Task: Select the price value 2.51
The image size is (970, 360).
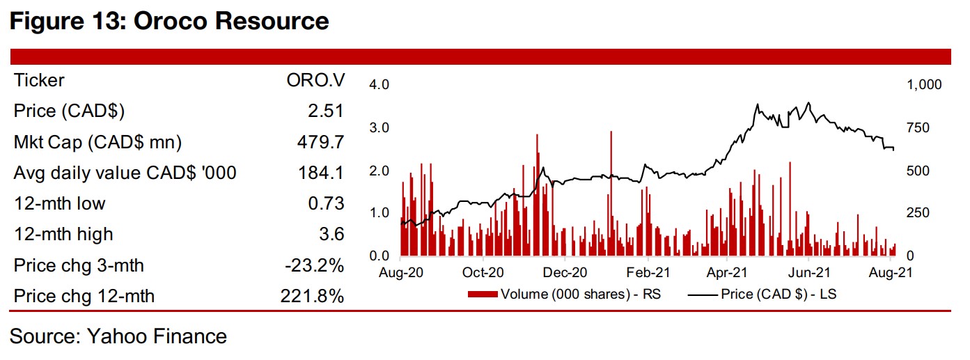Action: [x=325, y=111]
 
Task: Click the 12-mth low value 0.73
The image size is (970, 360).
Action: [x=325, y=203]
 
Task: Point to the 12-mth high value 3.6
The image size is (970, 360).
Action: [x=331, y=235]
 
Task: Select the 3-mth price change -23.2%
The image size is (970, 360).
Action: [x=313, y=265]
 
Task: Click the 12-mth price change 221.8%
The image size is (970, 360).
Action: [x=308, y=297]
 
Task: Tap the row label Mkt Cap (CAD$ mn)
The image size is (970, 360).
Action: [x=97, y=143]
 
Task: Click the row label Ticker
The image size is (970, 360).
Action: [x=39, y=81]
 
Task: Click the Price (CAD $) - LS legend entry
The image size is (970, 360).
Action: [x=763, y=294]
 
